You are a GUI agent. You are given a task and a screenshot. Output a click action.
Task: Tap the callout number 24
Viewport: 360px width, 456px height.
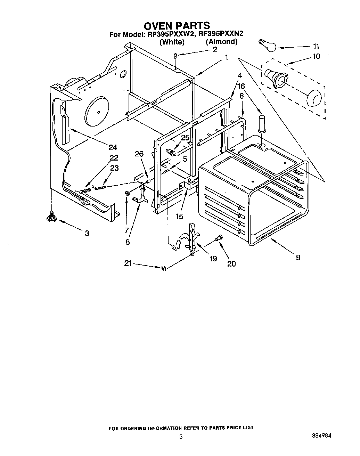tap(113, 147)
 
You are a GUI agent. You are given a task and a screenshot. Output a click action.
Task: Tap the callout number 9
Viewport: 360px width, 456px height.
tap(298, 257)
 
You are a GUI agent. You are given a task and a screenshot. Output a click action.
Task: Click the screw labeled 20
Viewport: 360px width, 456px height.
tap(219, 238)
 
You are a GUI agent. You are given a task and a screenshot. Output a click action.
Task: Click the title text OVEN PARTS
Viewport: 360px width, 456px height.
tap(177, 26)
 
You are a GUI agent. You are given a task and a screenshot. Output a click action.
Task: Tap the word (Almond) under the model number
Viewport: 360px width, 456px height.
tap(221, 42)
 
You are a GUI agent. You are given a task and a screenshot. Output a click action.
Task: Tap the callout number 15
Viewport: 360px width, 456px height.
tap(179, 217)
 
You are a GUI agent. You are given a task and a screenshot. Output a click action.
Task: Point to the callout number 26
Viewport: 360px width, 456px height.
tap(139, 153)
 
